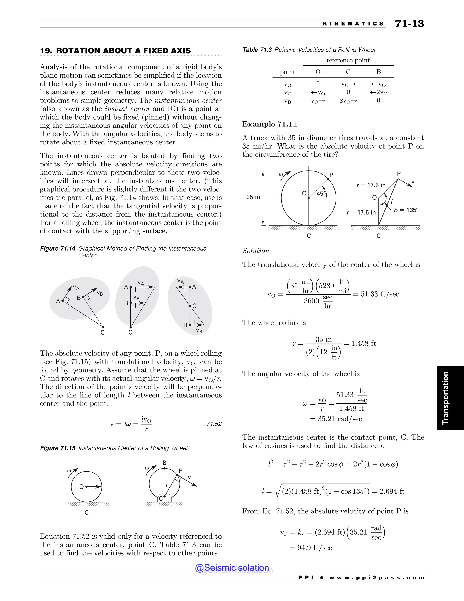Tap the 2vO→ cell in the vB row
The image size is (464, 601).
[348, 101]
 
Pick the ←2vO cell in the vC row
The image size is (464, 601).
[379, 93]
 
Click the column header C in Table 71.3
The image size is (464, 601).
[348, 72]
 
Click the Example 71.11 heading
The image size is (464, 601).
[269, 124]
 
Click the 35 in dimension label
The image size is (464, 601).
[253, 197]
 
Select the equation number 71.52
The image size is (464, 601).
[214, 424]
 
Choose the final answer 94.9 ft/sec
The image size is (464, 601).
[314, 548]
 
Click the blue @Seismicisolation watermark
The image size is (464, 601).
[232, 568]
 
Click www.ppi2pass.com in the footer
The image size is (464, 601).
[376, 578]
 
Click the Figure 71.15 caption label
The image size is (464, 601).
[58, 448]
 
